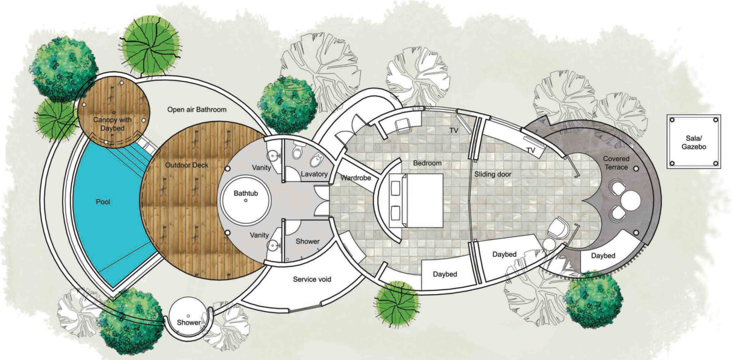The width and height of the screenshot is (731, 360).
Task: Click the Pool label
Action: click(x=103, y=202)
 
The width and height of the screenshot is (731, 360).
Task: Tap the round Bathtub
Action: click(x=246, y=200)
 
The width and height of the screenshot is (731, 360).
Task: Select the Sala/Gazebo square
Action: click(x=694, y=142)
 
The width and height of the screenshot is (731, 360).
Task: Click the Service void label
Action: click(x=312, y=279)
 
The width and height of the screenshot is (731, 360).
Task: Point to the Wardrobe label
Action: click(x=356, y=178)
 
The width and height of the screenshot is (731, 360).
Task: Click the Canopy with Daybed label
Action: click(x=112, y=124)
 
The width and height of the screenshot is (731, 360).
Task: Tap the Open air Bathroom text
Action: click(x=197, y=110)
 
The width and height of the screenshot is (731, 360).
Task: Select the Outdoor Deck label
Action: click(x=187, y=165)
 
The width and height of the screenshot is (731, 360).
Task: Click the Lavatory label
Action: click(x=314, y=174)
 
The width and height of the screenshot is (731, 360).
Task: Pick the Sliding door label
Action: click(x=493, y=174)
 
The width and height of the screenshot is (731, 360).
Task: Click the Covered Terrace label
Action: click(x=616, y=163)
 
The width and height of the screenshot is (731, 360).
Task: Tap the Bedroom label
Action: click(x=427, y=163)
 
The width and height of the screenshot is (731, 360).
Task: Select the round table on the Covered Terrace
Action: click(x=631, y=200)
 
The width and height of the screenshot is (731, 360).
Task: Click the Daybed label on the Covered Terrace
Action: click(x=603, y=256)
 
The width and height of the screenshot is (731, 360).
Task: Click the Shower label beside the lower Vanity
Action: click(x=308, y=241)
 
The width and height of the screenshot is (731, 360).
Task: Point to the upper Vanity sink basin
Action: click(x=273, y=156)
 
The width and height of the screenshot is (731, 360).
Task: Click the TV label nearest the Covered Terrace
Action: click(x=531, y=150)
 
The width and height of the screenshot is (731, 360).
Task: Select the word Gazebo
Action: click(x=694, y=147)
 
